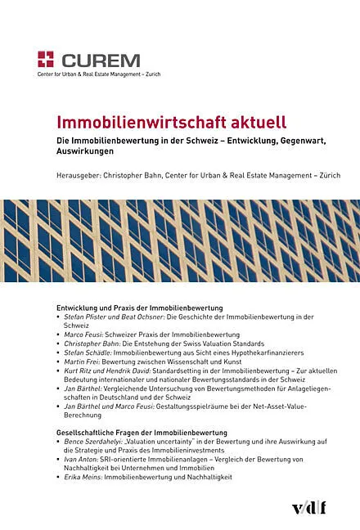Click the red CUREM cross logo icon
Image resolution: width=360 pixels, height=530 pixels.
point(46,59)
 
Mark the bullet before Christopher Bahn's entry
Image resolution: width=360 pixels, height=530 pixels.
point(58,344)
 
